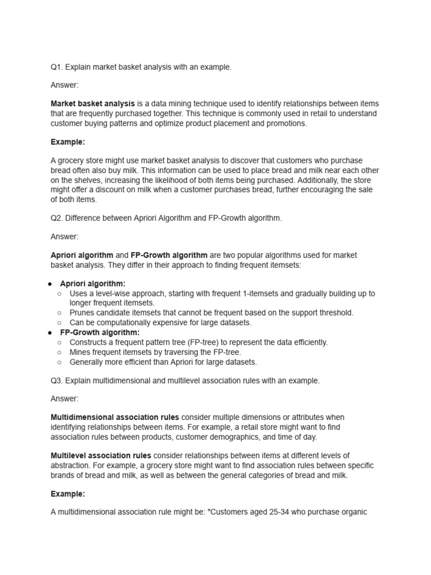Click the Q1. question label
pos(57,67)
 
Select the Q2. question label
pos(57,218)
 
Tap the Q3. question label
pos(57,381)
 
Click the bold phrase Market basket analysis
pos(93,104)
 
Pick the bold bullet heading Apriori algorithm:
pos(93,284)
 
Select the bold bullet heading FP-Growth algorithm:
pos(100,332)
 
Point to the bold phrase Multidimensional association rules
pos(115,417)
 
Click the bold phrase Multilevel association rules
pos(101,455)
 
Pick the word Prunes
pos(81,313)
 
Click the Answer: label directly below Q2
pos(65,236)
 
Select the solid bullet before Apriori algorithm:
pos(50,284)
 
